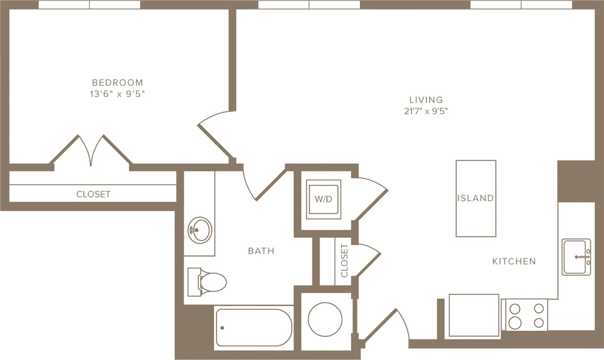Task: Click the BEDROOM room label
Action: (x=117, y=82)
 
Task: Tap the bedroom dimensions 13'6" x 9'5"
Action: (x=117, y=94)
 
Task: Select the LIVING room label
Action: (x=426, y=100)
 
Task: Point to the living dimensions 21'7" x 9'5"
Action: (x=426, y=111)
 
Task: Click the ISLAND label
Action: (x=476, y=198)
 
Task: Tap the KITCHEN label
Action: (x=514, y=261)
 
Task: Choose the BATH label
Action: (x=261, y=251)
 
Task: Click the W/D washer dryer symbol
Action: (x=323, y=199)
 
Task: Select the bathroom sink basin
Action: (x=200, y=230)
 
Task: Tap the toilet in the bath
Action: (x=207, y=282)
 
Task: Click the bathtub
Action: (x=254, y=328)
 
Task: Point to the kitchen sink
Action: (x=576, y=257)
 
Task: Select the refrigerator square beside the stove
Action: (x=474, y=315)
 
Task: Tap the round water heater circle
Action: (x=325, y=320)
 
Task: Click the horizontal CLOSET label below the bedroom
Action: (x=93, y=194)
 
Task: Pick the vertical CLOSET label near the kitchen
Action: (x=344, y=261)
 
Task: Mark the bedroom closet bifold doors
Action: (x=91, y=150)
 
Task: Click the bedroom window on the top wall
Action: (x=89, y=5)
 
